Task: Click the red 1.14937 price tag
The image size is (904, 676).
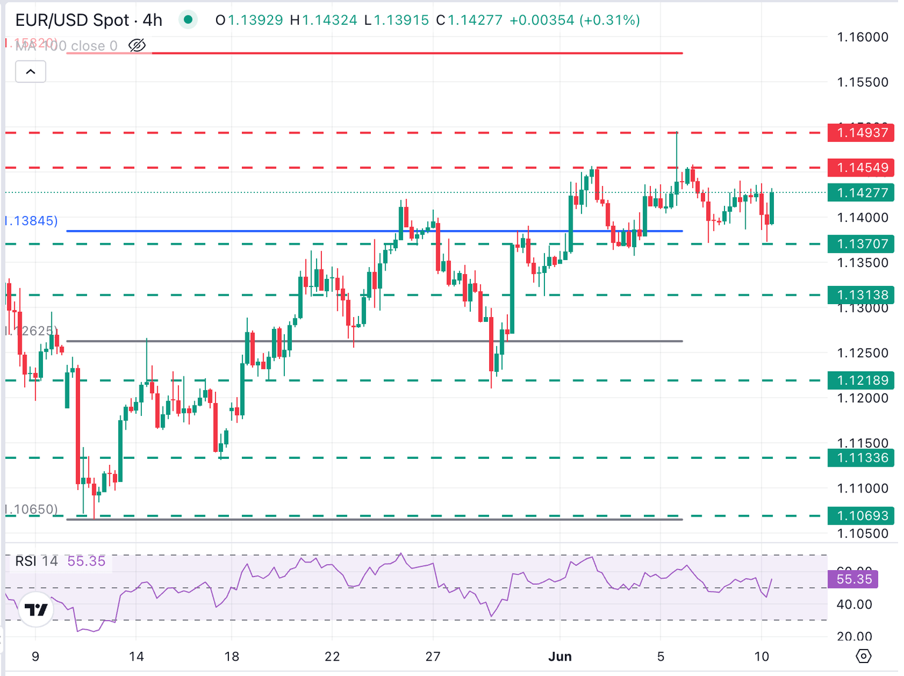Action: [861, 132]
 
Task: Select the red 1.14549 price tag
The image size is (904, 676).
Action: [861, 168]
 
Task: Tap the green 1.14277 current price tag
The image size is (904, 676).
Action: [861, 193]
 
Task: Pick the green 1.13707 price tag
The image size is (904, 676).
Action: [861, 244]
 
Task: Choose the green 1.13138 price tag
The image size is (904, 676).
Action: [861, 295]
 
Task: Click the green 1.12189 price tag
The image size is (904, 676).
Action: [861, 380]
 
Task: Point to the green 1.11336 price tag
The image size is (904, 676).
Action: [861, 458]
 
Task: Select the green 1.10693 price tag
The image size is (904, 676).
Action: [861, 516]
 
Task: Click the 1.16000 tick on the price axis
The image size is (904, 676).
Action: [863, 37]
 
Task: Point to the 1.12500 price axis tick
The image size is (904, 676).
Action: [863, 353]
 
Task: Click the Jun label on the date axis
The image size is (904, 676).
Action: [560, 657]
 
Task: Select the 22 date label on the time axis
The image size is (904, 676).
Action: [333, 657]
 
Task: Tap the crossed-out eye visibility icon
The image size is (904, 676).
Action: [137, 45]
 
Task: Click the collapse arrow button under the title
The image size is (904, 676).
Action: [31, 72]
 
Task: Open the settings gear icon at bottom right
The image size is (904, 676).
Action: [863, 656]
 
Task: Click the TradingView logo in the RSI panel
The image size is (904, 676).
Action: [36, 610]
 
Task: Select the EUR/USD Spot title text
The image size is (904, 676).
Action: [72, 20]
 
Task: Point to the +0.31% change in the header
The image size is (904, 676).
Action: [610, 20]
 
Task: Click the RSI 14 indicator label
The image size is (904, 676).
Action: [36, 561]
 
